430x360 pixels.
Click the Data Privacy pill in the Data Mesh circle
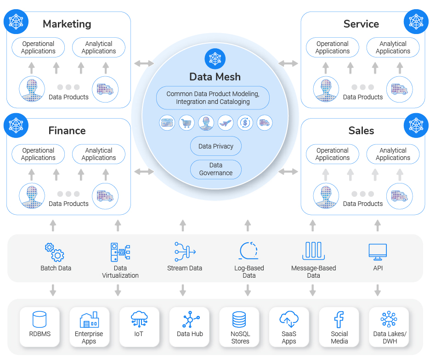215,146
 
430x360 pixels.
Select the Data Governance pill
215,169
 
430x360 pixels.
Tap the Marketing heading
67,24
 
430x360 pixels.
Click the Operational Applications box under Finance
38,154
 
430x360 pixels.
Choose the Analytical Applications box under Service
393,47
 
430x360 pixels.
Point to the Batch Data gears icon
55,252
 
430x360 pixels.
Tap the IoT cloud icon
139,319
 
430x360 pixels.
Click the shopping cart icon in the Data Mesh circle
187,123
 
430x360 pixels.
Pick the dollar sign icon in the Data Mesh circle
245,123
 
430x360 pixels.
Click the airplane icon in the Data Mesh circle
226,123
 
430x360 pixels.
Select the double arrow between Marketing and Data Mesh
144,63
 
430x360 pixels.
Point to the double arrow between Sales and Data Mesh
289,172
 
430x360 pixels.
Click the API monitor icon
378,251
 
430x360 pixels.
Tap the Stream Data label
185,268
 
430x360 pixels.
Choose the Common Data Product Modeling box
213,97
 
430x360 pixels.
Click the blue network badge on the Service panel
416,22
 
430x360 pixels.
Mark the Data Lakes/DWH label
389,337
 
